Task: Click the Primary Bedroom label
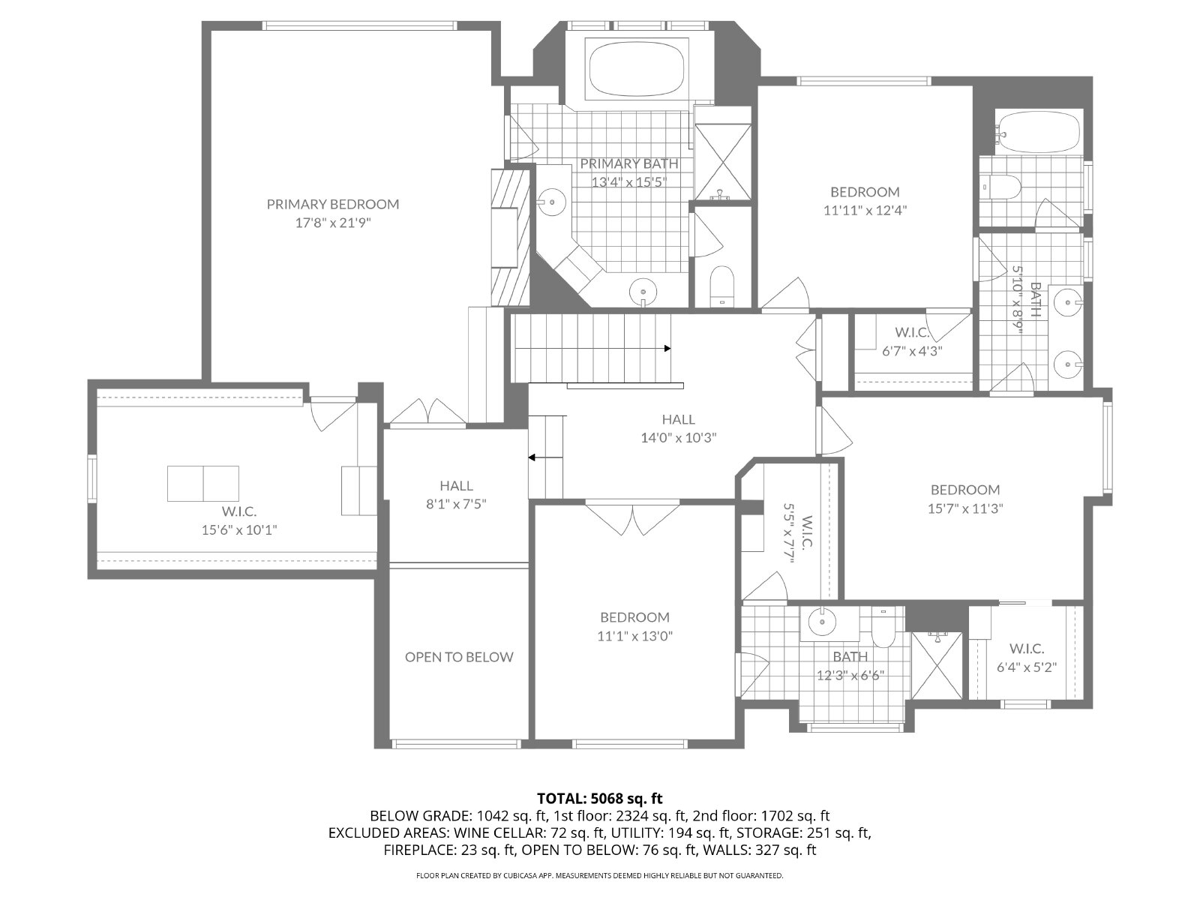click(x=333, y=213)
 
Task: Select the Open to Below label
click(x=459, y=657)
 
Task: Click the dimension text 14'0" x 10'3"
click(x=679, y=438)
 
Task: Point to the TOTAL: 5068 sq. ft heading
click(x=600, y=798)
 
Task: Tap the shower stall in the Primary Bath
click(x=723, y=162)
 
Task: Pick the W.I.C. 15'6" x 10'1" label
click(x=239, y=520)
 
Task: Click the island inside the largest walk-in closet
click(x=202, y=484)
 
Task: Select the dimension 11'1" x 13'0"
click(x=634, y=636)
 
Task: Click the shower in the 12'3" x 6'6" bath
click(x=937, y=665)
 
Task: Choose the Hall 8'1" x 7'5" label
click(x=457, y=494)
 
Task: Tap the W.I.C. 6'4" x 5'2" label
click(x=1027, y=658)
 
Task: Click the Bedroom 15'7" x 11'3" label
click(x=965, y=499)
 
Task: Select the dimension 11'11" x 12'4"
click(x=865, y=201)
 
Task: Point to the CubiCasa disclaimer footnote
click(x=600, y=875)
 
